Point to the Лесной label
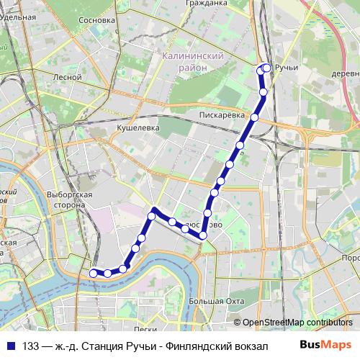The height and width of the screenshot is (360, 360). (63, 76)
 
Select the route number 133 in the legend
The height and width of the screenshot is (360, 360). (31, 346)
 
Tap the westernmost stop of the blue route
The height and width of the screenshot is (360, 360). (93, 273)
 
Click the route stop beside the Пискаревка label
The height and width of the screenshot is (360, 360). (254, 117)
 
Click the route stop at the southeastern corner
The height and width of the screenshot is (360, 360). (203, 235)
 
